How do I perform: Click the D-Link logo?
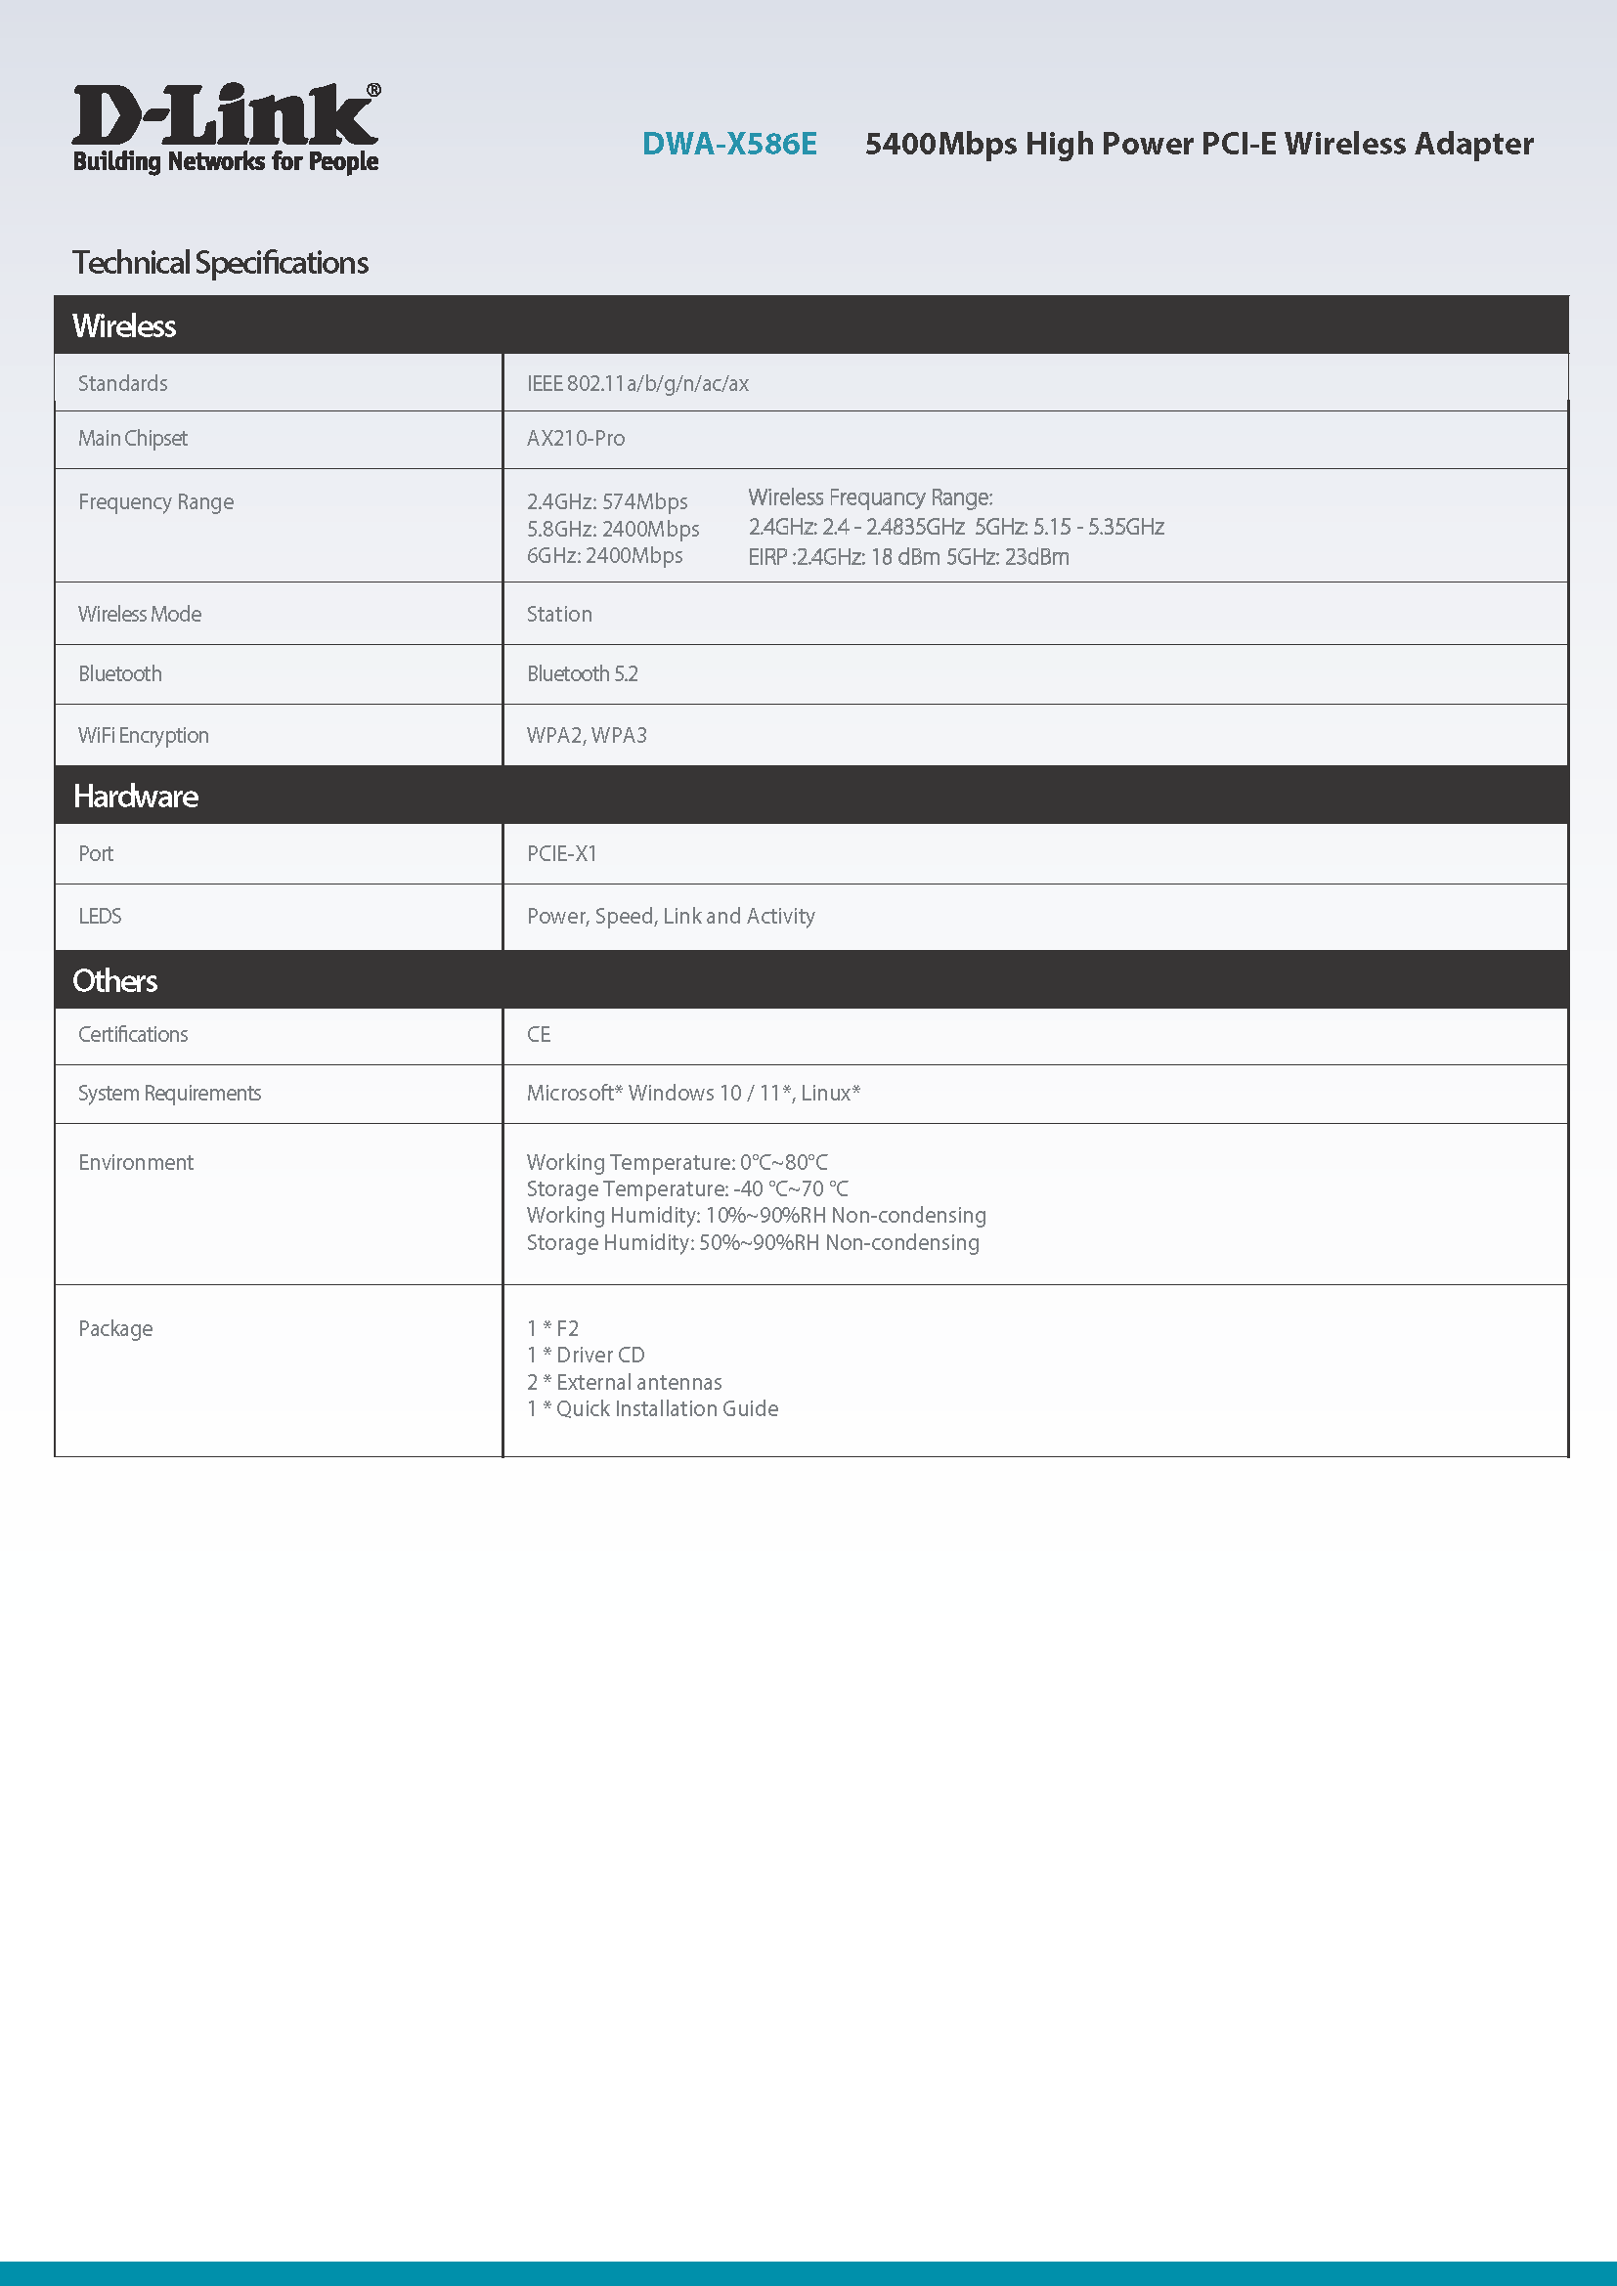coord(225,127)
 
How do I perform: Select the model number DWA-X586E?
coord(729,145)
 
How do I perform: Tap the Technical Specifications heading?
coord(220,263)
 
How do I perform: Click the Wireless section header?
coord(124,325)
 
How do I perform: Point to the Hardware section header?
coord(136,796)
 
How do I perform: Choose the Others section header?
coord(114,980)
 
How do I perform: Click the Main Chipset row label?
coord(132,438)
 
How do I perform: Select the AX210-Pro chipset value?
coord(576,438)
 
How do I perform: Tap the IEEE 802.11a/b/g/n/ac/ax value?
coord(637,383)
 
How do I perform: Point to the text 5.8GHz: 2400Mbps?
coord(612,529)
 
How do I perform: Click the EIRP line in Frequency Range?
coord(908,556)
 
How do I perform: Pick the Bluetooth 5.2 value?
coord(582,674)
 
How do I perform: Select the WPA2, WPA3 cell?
coord(587,735)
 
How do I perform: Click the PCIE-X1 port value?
coord(561,853)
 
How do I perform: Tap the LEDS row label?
coord(100,916)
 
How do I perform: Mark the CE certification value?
coord(538,1034)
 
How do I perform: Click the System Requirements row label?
coord(169,1094)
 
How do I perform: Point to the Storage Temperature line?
coord(687,1188)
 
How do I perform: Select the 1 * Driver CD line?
coord(586,1355)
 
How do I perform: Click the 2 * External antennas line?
coord(625,1382)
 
